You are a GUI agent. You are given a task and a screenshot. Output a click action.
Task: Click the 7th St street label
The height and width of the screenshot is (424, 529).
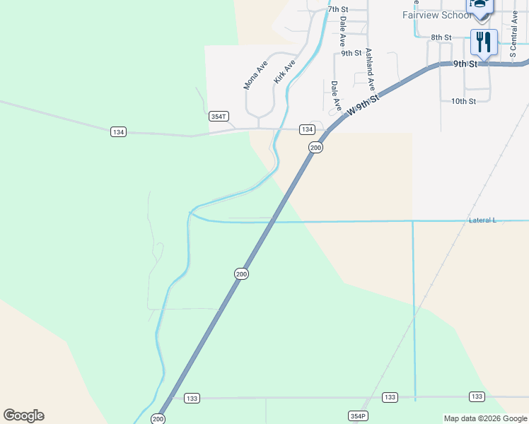point(338,9)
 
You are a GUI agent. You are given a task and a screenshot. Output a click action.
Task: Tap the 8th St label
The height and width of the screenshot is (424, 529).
point(441,37)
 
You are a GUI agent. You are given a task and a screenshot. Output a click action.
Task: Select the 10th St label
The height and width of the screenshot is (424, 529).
point(463,101)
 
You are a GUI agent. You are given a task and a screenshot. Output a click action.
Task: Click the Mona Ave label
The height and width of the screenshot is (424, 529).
point(255,74)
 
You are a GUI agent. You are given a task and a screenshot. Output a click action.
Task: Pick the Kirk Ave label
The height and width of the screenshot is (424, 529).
point(284,71)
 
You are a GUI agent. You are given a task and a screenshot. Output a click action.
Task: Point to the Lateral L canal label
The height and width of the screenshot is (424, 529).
point(482,220)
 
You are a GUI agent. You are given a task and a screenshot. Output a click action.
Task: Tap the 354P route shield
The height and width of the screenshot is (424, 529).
point(358,416)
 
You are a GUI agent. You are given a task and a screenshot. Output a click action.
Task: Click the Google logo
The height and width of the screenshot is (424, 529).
point(23,416)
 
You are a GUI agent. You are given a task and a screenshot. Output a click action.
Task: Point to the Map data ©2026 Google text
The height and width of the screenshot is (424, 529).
point(485,418)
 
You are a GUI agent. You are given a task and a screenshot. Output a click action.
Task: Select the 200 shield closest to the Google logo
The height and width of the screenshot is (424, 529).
point(158,419)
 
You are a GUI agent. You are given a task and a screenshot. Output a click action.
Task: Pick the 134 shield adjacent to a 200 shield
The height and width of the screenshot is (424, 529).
point(306,129)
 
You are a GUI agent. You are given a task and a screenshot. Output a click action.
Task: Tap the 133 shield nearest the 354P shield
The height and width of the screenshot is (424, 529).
point(390,397)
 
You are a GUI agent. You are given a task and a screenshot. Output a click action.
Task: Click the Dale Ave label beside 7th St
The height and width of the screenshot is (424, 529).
point(343,31)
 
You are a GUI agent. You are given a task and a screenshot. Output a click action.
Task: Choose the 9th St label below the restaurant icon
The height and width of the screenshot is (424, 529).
point(466,64)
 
